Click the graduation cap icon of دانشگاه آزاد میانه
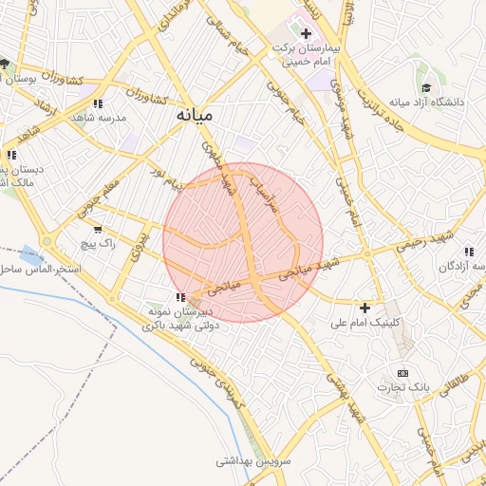pos(426,86)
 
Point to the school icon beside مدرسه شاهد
pos(98,103)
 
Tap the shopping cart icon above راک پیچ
pos(97,229)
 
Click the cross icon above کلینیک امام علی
pos(364,308)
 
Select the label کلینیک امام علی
pos(365,323)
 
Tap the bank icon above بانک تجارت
pos(402,372)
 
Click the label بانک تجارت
pos(402,387)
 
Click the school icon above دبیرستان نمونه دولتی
pos(180,297)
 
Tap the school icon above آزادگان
pos(468,252)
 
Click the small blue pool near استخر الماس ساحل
pos(31,254)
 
